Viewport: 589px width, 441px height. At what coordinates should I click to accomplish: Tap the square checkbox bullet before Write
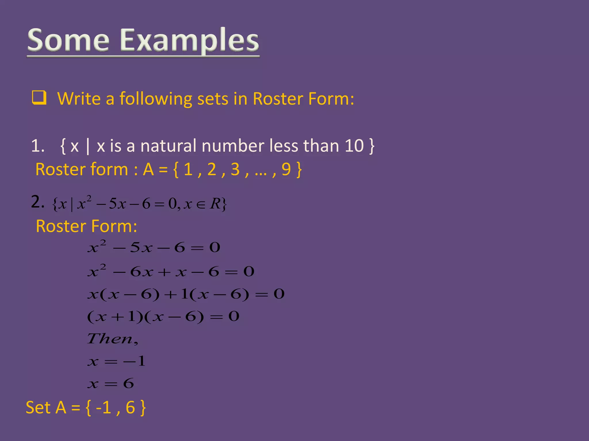pos(39,98)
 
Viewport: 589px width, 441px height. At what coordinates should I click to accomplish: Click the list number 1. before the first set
pos(38,146)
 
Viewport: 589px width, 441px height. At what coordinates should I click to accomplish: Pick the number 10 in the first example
pos(354,146)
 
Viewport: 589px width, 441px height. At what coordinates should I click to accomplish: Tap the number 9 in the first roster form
pos(286,169)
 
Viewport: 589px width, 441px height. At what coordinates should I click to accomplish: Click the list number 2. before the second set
pos(38,202)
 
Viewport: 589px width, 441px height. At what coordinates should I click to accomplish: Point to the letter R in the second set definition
pos(215,204)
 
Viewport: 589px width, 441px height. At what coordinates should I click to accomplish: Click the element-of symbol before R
pos(200,204)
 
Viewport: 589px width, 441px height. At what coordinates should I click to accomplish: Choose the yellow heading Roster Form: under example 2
pos(86,226)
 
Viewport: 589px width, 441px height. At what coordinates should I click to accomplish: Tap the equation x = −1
pos(116,361)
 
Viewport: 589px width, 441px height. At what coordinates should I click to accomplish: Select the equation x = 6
pos(111,384)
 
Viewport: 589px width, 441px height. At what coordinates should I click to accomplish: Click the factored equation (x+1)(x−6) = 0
pos(163,317)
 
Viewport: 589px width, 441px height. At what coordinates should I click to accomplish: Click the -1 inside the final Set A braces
pos(103,407)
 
